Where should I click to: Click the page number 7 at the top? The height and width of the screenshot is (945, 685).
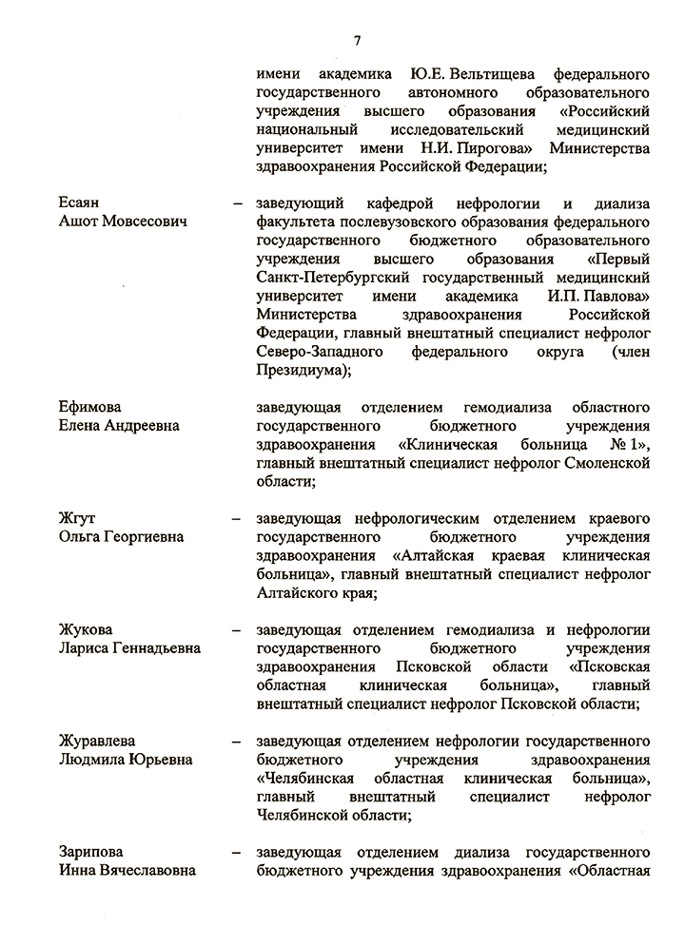[357, 40]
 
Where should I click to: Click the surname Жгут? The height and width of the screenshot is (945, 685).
[77, 518]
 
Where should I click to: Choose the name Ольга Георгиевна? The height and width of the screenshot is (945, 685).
[121, 537]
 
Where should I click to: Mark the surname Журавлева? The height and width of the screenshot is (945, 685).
[96, 741]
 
